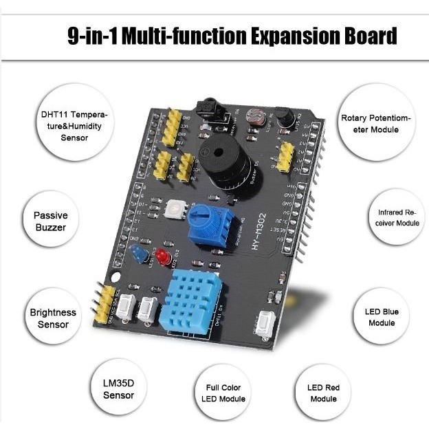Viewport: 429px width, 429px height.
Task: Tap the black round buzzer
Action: (221, 165)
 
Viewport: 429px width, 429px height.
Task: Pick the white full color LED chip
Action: (173, 208)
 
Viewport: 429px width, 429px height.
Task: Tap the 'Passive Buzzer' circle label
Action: (51, 221)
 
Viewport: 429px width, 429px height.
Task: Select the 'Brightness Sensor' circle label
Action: (53, 318)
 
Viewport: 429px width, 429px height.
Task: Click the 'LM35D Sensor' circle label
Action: (118, 389)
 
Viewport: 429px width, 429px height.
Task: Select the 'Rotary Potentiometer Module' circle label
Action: (375, 124)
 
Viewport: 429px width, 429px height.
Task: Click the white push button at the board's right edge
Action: (265, 323)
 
